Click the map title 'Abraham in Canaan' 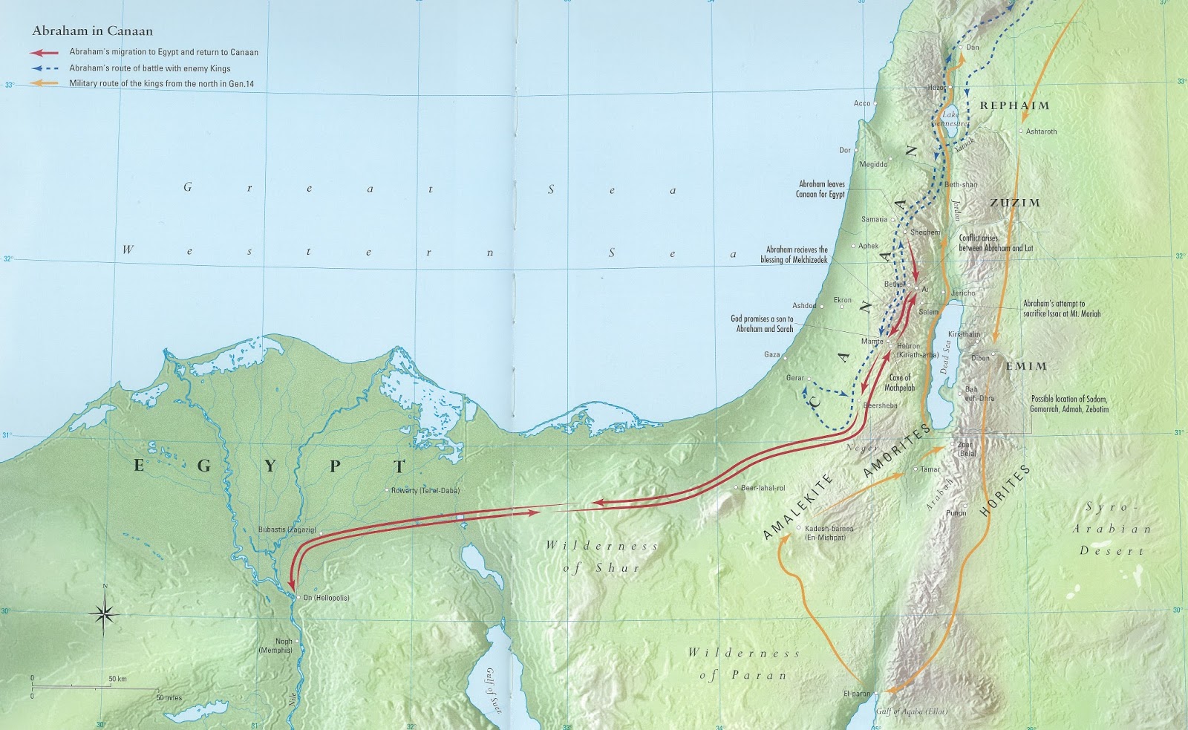click(x=92, y=31)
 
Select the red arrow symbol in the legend click(x=44, y=53)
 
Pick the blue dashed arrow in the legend click(x=44, y=68)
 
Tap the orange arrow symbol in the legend click(x=44, y=83)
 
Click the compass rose click(x=105, y=613)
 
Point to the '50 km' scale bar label click(x=117, y=679)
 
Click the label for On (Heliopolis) click(x=326, y=598)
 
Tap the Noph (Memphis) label click(x=284, y=645)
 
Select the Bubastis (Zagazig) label click(x=287, y=530)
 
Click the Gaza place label click(x=771, y=354)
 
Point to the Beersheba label click(x=881, y=405)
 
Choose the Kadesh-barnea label click(x=829, y=532)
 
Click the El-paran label click(x=856, y=694)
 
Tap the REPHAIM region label click(x=1014, y=105)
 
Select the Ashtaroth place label click(x=1041, y=131)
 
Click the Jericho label click(x=963, y=293)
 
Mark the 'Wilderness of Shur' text click(x=601, y=556)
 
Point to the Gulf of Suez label click(x=494, y=691)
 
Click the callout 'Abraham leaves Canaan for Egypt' click(x=820, y=189)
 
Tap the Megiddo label click(x=873, y=165)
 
